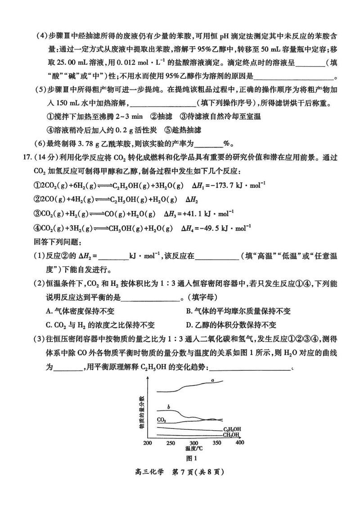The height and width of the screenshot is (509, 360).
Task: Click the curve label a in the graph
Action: [x=212, y=380]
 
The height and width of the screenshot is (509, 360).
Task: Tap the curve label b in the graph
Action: [x=168, y=407]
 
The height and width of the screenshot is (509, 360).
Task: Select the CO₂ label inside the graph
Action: [x=162, y=420]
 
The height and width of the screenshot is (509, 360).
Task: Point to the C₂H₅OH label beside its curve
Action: [x=232, y=429]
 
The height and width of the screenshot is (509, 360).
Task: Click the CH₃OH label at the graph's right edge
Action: [x=232, y=435]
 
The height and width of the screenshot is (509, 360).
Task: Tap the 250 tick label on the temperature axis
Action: [x=171, y=443]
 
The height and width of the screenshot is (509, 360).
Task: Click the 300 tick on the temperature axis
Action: [x=194, y=443]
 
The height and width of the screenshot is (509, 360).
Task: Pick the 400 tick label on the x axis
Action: [x=239, y=443]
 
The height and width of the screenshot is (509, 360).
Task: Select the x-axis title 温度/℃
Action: [x=194, y=449]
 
